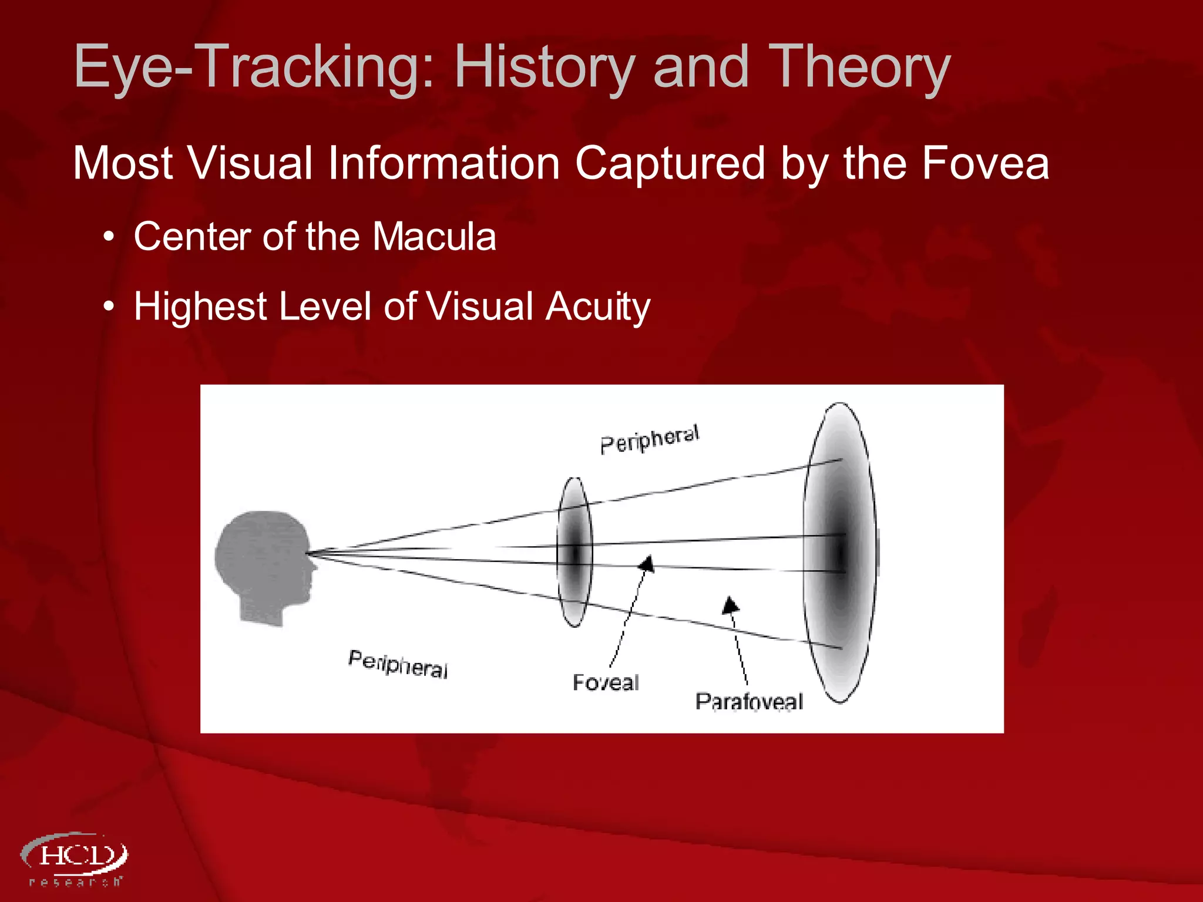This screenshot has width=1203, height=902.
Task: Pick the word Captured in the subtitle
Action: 670,163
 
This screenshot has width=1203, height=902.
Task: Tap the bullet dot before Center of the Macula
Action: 108,238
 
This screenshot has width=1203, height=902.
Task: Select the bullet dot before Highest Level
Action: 108,308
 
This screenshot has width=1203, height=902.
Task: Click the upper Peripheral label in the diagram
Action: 650,439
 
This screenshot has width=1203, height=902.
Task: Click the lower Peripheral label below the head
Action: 398,664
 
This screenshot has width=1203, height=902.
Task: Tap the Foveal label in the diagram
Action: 606,682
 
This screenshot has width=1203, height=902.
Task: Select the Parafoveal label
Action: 748,701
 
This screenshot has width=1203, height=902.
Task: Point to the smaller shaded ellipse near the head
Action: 574,552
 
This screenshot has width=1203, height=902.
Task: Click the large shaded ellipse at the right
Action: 840,552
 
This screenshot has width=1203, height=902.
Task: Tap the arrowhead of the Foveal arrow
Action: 647,564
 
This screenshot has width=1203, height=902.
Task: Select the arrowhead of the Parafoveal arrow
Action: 730,605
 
